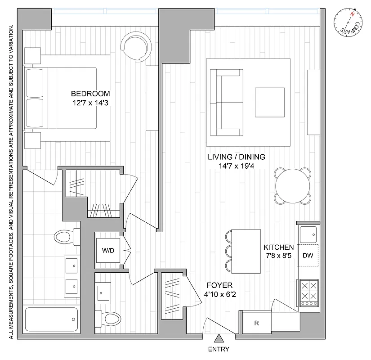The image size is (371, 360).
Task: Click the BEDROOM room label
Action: (x=90, y=94)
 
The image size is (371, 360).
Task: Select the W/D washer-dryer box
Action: (x=108, y=250)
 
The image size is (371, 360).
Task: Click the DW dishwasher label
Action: (x=308, y=256)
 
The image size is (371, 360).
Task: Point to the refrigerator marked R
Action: (x=256, y=323)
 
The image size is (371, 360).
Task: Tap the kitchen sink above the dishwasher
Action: (x=308, y=234)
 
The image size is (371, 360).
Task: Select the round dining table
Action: (x=293, y=186)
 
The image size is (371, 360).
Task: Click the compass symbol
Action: (x=349, y=23)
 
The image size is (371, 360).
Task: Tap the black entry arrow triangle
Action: (x=219, y=338)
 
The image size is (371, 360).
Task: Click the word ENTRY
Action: (x=219, y=349)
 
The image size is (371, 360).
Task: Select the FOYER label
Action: (x=219, y=285)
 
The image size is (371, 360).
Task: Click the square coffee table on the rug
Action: (x=270, y=102)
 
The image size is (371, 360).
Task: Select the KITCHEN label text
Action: (x=278, y=247)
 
